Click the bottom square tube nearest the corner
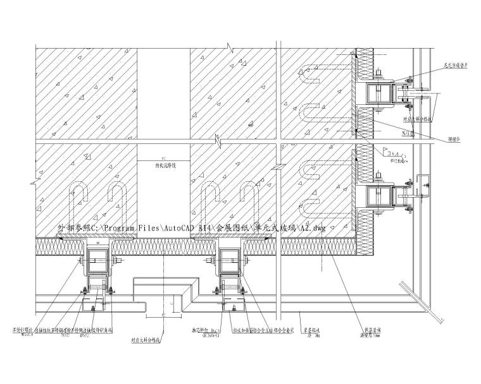[x=230, y=257]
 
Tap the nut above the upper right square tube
[x=377, y=76]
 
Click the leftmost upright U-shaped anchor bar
[x=80, y=199]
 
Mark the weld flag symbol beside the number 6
[x=385, y=152]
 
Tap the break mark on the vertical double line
[x=277, y=166]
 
